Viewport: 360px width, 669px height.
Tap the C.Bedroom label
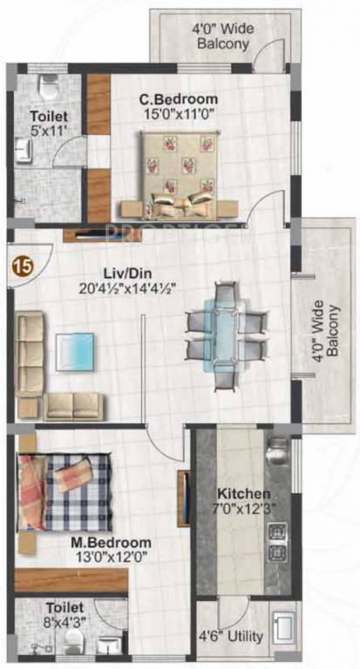(x=179, y=98)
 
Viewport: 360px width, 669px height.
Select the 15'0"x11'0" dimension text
(x=179, y=113)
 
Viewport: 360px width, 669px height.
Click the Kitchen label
(x=240, y=494)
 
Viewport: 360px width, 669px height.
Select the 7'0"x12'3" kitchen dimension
(x=240, y=509)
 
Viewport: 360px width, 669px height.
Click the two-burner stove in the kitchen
(x=277, y=542)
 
